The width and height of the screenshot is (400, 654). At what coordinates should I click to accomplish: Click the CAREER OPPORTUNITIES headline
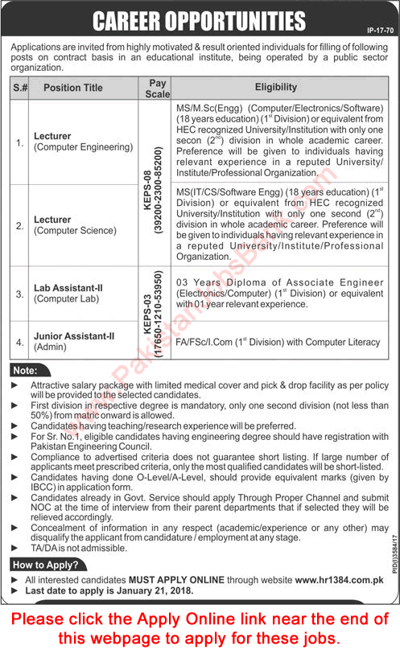(200, 19)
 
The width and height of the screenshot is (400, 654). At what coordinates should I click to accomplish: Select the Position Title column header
(73, 88)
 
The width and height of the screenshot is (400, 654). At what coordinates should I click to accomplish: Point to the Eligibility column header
(275, 87)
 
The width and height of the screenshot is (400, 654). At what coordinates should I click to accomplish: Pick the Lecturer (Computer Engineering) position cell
(83, 142)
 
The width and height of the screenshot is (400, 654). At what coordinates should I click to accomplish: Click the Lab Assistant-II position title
(66, 294)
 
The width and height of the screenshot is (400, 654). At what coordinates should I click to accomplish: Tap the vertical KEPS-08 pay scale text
(150, 183)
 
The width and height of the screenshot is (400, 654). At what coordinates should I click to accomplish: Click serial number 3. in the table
(20, 294)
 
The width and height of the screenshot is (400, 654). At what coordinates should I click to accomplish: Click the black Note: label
(26, 370)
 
